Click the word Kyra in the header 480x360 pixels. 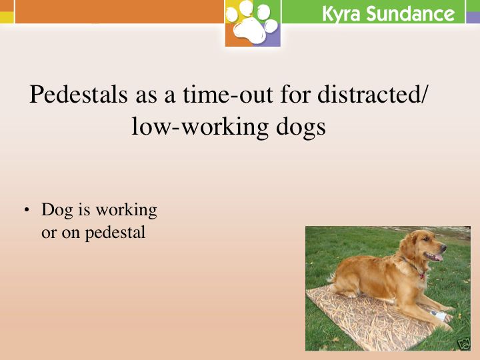(x=341, y=14)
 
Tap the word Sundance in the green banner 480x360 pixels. (x=411, y=14)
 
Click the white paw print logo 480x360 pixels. (x=253, y=23)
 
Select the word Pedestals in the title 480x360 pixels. (x=79, y=94)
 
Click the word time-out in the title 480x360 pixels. (x=228, y=94)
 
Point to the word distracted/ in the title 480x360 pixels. (x=371, y=94)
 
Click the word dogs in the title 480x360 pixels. (x=301, y=127)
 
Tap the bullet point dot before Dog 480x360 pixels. (x=27, y=210)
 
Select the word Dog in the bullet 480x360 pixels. (x=57, y=211)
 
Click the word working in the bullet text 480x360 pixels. (x=126, y=211)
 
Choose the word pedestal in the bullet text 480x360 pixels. (x=115, y=233)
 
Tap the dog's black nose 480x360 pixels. (x=443, y=246)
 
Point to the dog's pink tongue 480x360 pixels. (x=438, y=257)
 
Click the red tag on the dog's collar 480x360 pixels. (x=422, y=276)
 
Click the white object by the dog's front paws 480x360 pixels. (x=438, y=315)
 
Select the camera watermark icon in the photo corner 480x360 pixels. (x=465, y=343)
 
